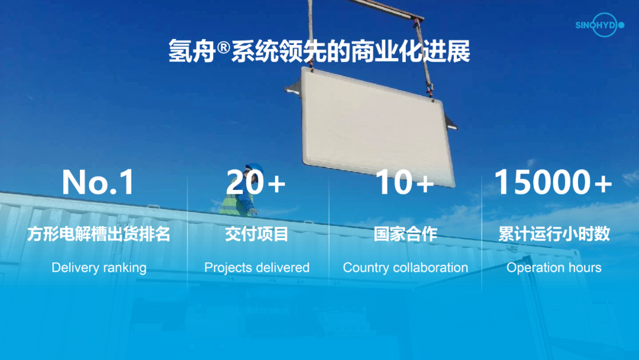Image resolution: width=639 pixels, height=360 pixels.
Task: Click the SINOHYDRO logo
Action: [x=599, y=25]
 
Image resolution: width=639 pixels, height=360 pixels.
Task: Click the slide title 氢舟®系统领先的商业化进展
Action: [x=319, y=52]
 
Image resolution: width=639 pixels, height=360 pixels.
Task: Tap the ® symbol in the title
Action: [x=223, y=48]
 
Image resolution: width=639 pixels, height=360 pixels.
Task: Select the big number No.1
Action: [x=98, y=182]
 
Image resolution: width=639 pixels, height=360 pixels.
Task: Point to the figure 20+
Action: [x=256, y=182]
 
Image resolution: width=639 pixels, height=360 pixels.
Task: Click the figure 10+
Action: [x=405, y=182]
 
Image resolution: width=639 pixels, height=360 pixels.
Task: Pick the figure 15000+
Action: [x=553, y=182]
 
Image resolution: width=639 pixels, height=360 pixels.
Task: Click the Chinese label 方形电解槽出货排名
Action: [x=99, y=234]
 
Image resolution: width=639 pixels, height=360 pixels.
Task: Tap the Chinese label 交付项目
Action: [x=257, y=234]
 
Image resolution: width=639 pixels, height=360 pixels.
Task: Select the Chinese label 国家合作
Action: [x=405, y=234]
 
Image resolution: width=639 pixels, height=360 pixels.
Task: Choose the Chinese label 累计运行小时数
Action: [x=554, y=234]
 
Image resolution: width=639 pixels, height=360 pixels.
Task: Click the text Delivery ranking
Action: [x=99, y=268]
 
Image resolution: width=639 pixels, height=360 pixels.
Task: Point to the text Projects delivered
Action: [x=257, y=268]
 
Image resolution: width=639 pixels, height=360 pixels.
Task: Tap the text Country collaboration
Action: [x=405, y=268]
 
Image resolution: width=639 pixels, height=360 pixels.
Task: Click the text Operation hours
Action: [x=554, y=268]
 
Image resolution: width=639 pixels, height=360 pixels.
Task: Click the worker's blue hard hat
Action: [x=254, y=168]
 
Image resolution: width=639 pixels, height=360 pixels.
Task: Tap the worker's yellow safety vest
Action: [x=234, y=202]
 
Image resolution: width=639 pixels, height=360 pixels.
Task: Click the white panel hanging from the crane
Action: [x=377, y=126]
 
